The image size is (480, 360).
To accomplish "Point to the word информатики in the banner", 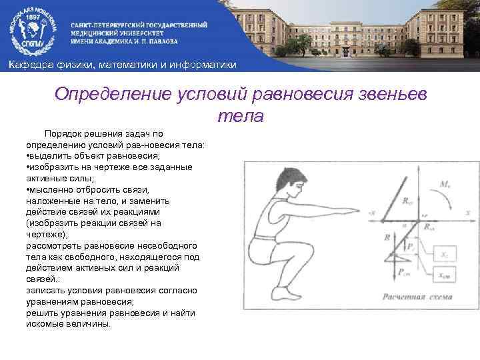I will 204,64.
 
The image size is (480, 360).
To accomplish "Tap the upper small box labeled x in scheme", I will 446,255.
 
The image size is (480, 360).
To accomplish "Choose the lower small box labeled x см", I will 446,275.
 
